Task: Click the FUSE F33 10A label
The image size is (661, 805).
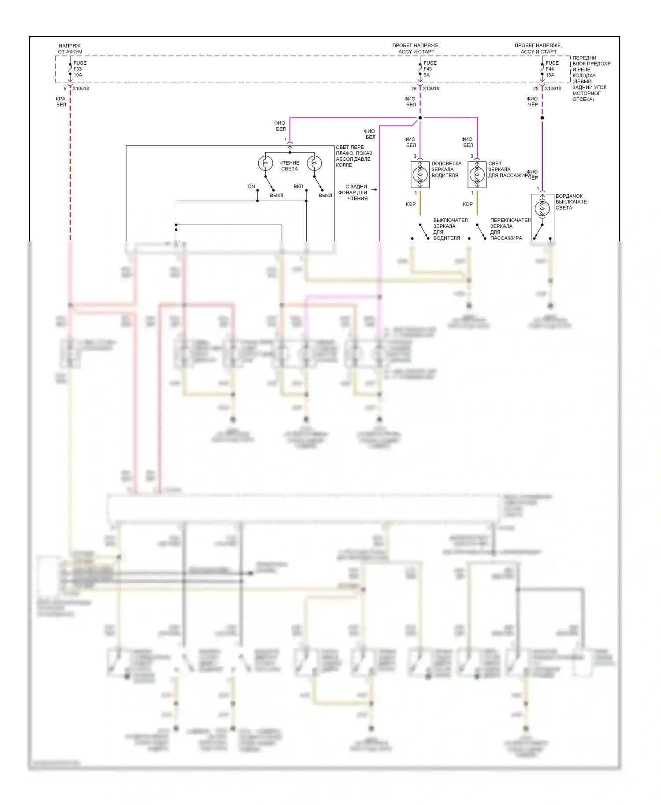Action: click(80, 69)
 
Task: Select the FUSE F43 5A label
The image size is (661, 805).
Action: click(430, 69)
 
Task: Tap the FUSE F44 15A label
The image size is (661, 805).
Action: click(552, 69)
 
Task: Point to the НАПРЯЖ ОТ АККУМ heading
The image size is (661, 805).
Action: click(70, 48)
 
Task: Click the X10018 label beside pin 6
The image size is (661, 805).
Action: click(81, 89)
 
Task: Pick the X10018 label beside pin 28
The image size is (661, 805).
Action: click(553, 89)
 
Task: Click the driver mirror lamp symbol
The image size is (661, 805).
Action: click(420, 174)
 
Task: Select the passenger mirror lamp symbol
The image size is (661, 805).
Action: click(477, 174)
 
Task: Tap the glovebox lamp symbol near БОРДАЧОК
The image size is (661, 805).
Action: click(542, 208)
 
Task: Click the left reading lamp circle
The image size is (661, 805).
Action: click(265, 163)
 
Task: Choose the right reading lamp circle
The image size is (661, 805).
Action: click(314, 163)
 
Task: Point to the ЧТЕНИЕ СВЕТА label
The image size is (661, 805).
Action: click(289, 166)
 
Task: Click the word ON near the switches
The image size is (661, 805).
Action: click(251, 186)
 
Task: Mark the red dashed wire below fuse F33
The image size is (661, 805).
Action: click(70, 167)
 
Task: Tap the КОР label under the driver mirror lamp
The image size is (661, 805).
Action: click(411, 204)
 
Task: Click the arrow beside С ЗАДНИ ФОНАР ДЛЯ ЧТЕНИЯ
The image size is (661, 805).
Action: click(374, 190)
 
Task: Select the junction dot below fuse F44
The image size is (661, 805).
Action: click(542, 118)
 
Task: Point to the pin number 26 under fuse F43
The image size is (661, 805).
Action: click(413, 89)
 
